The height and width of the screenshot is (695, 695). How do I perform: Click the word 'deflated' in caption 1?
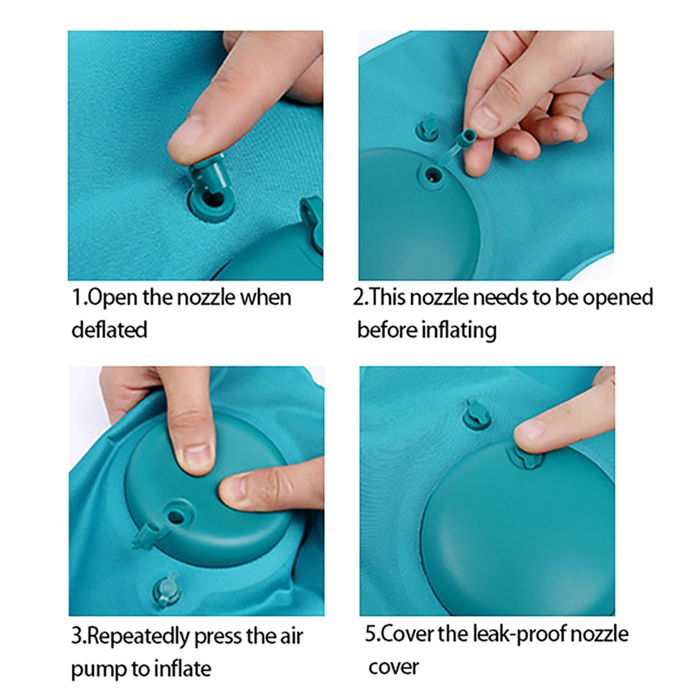pyautogui.click(x=109, y=329)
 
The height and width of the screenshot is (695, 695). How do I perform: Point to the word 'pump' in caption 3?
pyautogui.click(x=96, y=669)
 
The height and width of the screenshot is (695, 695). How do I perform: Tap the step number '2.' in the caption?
pyautogui.click(x=361, y=298)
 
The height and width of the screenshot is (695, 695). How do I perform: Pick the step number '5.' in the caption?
pyautogui.click(x=371, y=634)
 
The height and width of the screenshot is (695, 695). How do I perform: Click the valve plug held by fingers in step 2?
pyautogui.click(x=467, y=142)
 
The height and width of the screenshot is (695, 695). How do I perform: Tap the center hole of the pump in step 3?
pyautogui.click(x=177, y=516)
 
